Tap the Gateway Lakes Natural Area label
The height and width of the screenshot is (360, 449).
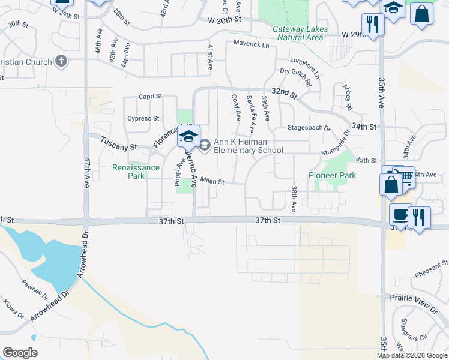[300, 33]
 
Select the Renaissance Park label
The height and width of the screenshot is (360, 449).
[136, 172]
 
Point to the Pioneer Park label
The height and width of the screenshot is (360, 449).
[332, 175]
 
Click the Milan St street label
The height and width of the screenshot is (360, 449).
[212, 181]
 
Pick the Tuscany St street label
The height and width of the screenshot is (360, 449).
[119, 146]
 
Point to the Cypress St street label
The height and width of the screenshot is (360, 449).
[143, 118]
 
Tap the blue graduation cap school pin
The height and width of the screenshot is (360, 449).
[188, 136]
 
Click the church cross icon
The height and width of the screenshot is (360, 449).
[61, 61]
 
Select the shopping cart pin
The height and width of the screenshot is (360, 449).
[406, 175]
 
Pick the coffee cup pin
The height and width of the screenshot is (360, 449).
[399, 214]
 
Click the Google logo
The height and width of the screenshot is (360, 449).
[20, 352]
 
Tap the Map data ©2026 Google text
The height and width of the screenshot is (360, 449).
[412, 355]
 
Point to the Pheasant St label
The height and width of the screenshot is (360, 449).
[432, 268]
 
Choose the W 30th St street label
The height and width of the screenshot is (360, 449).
[224, 20]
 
